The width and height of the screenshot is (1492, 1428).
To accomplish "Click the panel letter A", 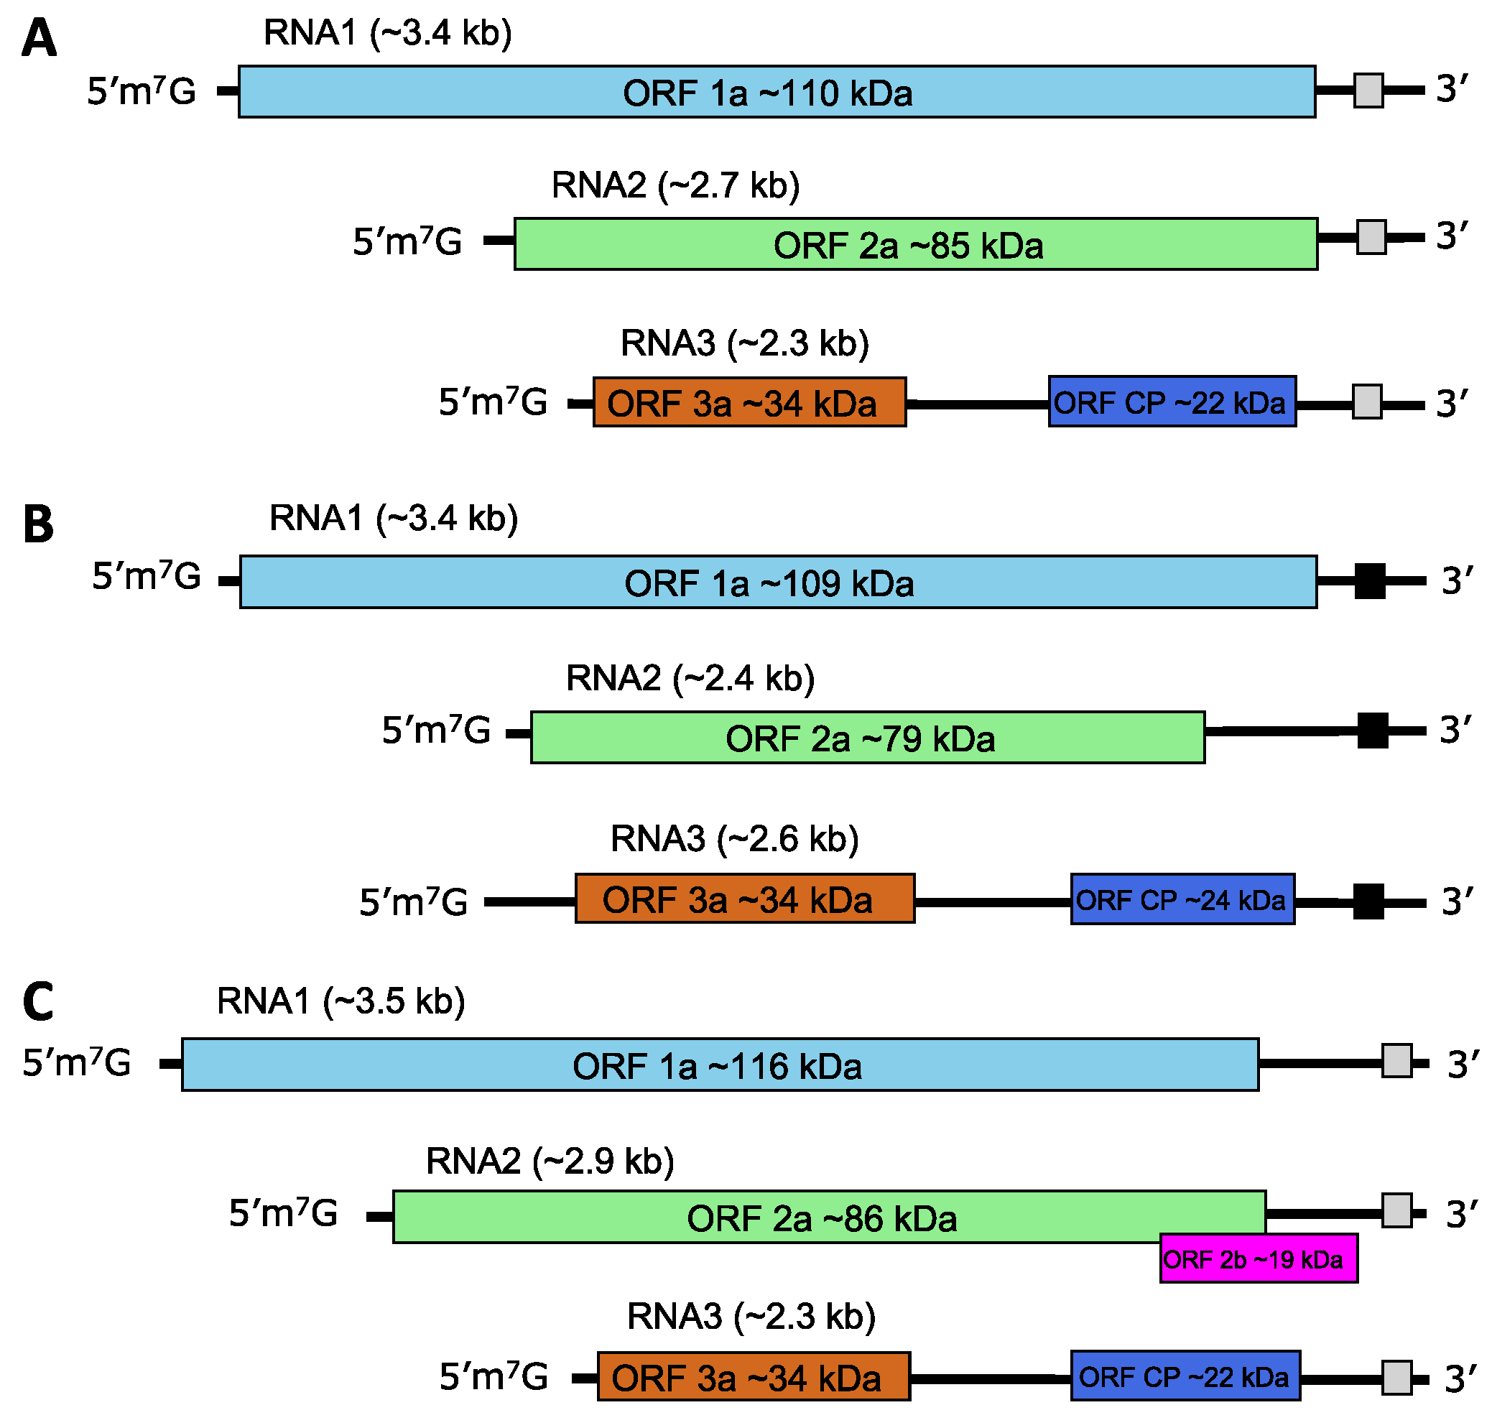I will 39,40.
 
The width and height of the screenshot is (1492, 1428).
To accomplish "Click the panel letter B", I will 39,524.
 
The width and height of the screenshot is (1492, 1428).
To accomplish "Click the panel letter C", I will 39,1002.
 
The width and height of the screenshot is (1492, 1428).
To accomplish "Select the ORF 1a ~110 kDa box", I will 777,92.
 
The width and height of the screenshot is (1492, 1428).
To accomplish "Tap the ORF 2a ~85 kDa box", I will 915,244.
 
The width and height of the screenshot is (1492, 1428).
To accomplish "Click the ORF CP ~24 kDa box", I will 1182,900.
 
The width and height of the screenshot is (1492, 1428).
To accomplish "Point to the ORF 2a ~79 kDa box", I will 867,738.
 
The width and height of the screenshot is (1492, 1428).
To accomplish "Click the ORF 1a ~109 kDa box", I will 778,583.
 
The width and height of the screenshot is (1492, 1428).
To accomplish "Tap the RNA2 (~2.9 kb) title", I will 550,1161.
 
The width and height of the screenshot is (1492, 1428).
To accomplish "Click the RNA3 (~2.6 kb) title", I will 735,839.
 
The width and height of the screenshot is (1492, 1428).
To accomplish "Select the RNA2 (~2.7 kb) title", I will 675,186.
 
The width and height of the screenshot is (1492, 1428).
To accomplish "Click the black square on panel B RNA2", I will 1373,731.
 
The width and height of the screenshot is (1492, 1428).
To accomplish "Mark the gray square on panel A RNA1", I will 1368,91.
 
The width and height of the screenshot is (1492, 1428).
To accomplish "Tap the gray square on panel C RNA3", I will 1397,1378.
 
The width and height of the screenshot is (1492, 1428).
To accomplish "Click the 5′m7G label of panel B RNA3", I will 413,903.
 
